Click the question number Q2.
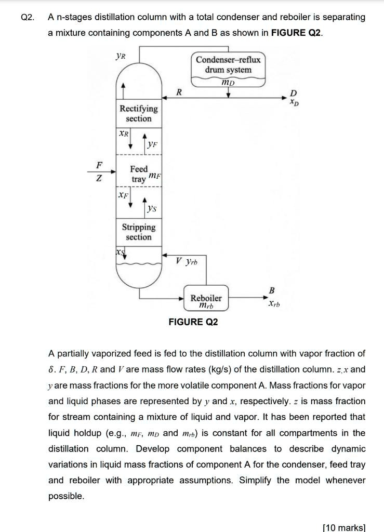click(x=28, y=17)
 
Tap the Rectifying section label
click(x=139, y=113)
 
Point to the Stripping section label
click(x=139, y=232)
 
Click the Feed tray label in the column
click(x=139, y=174)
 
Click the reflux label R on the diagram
click(x=179, y=93)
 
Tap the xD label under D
click(x=295, y=102)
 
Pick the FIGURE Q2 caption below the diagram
click(x=193, y=322)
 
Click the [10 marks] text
click(x=344, y=527)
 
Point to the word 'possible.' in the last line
click(x=66, y=496)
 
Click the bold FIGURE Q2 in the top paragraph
click(x=296, y=33)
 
